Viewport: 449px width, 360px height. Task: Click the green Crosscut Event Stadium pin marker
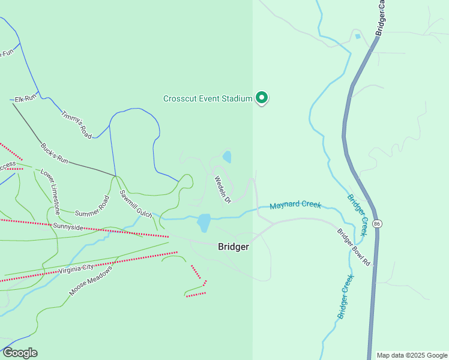[262, 97]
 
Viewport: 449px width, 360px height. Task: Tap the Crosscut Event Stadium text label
[208, 98]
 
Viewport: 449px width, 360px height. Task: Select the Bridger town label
[234, 247]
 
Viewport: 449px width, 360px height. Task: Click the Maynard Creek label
[295, 206]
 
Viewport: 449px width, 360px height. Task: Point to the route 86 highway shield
[377, 223]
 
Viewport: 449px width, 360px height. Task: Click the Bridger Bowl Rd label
[355, 247]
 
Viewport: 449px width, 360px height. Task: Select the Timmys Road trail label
[76, 125]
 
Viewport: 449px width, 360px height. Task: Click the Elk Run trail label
[26, 97]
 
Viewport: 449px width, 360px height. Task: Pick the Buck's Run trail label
[55, 154]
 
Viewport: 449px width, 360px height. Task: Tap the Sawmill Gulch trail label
[135, 203]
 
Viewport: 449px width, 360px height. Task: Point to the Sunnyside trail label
[68, 227]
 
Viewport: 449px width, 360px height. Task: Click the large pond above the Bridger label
[203, 223]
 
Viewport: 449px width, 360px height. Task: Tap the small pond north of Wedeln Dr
[227, 157]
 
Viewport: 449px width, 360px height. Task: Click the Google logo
[20, 353]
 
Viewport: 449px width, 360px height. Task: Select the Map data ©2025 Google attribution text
[411, 355]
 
